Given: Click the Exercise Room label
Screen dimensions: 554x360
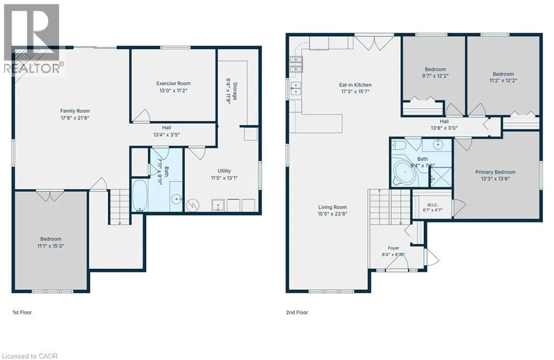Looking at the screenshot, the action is [173, 83].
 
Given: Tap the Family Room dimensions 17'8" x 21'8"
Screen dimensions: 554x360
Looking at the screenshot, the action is [75, 117].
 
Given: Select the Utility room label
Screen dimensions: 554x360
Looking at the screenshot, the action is [224, 171].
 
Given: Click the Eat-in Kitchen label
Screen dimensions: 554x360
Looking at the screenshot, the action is [355, 85].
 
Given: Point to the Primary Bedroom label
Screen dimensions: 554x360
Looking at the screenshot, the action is [495, 172].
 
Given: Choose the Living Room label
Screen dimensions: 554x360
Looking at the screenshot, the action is [333, 207].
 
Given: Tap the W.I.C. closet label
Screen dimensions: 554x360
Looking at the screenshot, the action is [432, 205].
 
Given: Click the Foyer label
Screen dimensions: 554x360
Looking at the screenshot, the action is [393, 248].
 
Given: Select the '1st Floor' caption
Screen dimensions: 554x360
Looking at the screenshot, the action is [22, 312].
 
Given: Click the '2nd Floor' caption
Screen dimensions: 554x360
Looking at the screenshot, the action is [297, 312].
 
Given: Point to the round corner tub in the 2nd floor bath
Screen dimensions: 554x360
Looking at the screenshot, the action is [405, 174].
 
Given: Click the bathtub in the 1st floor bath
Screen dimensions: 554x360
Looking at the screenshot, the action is [139, 196].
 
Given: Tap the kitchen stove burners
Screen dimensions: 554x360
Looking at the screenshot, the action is [296, 64].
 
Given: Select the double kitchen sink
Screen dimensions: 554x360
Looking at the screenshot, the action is [295, 88].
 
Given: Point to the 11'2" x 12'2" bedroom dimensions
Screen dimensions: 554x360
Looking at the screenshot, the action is [503, 81].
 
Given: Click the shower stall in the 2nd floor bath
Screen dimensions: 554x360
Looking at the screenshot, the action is [440, 177].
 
